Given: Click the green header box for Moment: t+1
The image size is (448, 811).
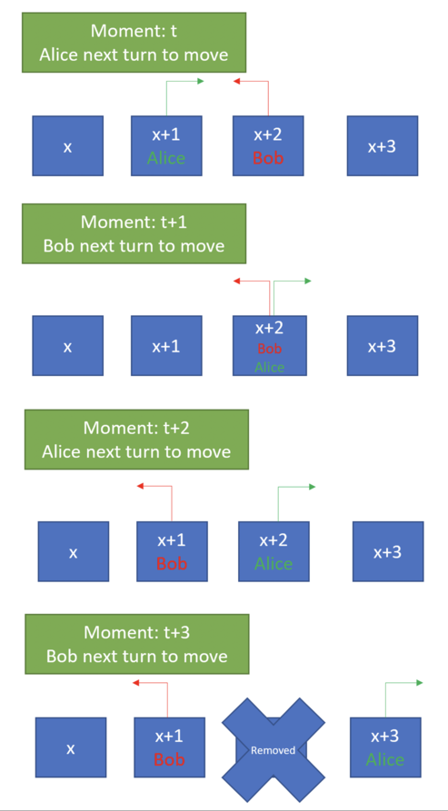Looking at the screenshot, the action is pyautogui.click(x=134, y=233).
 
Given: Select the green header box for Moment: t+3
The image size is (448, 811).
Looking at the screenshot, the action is pyautogui.click(x=136, y=644).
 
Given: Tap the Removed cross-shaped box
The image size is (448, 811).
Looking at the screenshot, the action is pyautogui.click(x=274, y=749).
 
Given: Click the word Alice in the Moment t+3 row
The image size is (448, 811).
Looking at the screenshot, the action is pyautogui.click(x=385, y=759).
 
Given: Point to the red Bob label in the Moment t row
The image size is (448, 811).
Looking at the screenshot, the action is pyautogui.click(x=268, y=157).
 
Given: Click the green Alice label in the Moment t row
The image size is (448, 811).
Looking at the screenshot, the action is pyautogui.click(x=166, y=157).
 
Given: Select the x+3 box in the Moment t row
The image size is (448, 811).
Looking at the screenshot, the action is pyautogui.click(x=383, y=146).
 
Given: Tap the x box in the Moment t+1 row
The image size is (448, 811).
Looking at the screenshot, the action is pyautogui.click(x=68, y=345).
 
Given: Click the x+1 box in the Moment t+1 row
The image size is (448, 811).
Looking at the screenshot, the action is pyautogui.click(x=166, y=345).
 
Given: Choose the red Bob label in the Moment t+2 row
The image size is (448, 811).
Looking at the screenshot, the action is pyautogui.click(x=172, y=563).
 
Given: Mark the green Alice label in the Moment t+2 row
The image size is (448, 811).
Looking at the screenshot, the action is pyautogui.click(x=274, y=563).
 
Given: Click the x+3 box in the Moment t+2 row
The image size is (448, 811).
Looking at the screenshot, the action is pyautogui.click(x=388, y=551).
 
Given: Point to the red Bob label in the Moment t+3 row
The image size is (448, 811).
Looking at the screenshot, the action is pyautogui.click(x=169, y=759).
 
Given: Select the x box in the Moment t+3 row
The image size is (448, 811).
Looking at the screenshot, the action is pyautogui.click(x=71, y=747).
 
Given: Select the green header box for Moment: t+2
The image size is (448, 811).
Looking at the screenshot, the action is pyautogui.click(x=136, y=440).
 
